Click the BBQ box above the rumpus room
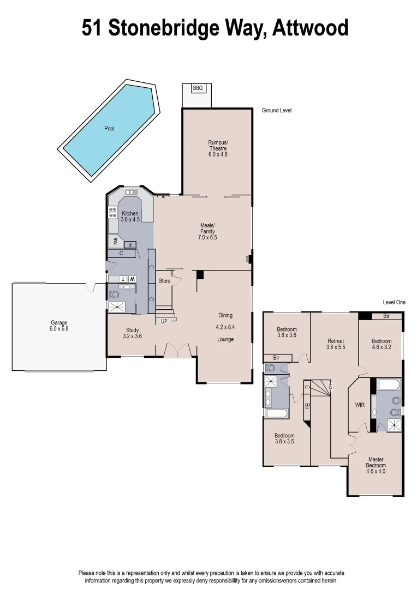click(x=198, y=88)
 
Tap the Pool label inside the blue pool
click(x=109, y=129)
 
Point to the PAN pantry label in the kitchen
click(x=115, y=241)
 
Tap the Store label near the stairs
click(x=164, y=281)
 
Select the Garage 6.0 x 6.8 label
click(x=59, y=326)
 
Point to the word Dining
click(x=225, y=315)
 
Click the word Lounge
click(x=225, y=339)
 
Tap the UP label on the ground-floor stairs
click(x=164, y=321)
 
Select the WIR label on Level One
click(x=360, y=405)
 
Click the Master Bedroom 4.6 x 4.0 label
click(x=376, y=465)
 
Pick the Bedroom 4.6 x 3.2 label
click(x=382, y=344)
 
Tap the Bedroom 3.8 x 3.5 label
click(x=284, y=438)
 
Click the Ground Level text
click(x=277, y=110)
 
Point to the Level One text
click(x=394, y=302)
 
